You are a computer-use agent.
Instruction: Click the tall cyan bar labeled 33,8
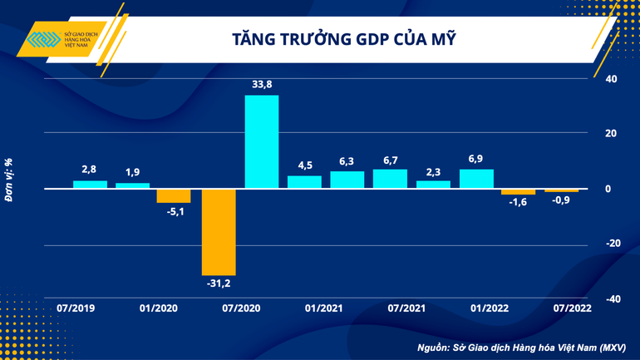pos(261,141)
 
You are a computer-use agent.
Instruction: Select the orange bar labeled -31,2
pos(219,231)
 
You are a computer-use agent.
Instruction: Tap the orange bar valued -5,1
pos(174,195)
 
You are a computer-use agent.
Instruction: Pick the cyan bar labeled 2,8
pos(90,185)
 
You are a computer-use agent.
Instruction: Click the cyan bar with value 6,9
pos(476,179)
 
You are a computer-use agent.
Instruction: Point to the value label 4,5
pos(304,163)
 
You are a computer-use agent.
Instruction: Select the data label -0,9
pos(561,203)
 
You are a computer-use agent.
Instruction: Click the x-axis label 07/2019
pos(76,308)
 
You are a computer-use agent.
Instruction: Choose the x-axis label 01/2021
pos(323,308)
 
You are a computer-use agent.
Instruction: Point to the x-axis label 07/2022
pos(573,308)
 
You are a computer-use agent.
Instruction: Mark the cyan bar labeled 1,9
pos(132,185)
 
